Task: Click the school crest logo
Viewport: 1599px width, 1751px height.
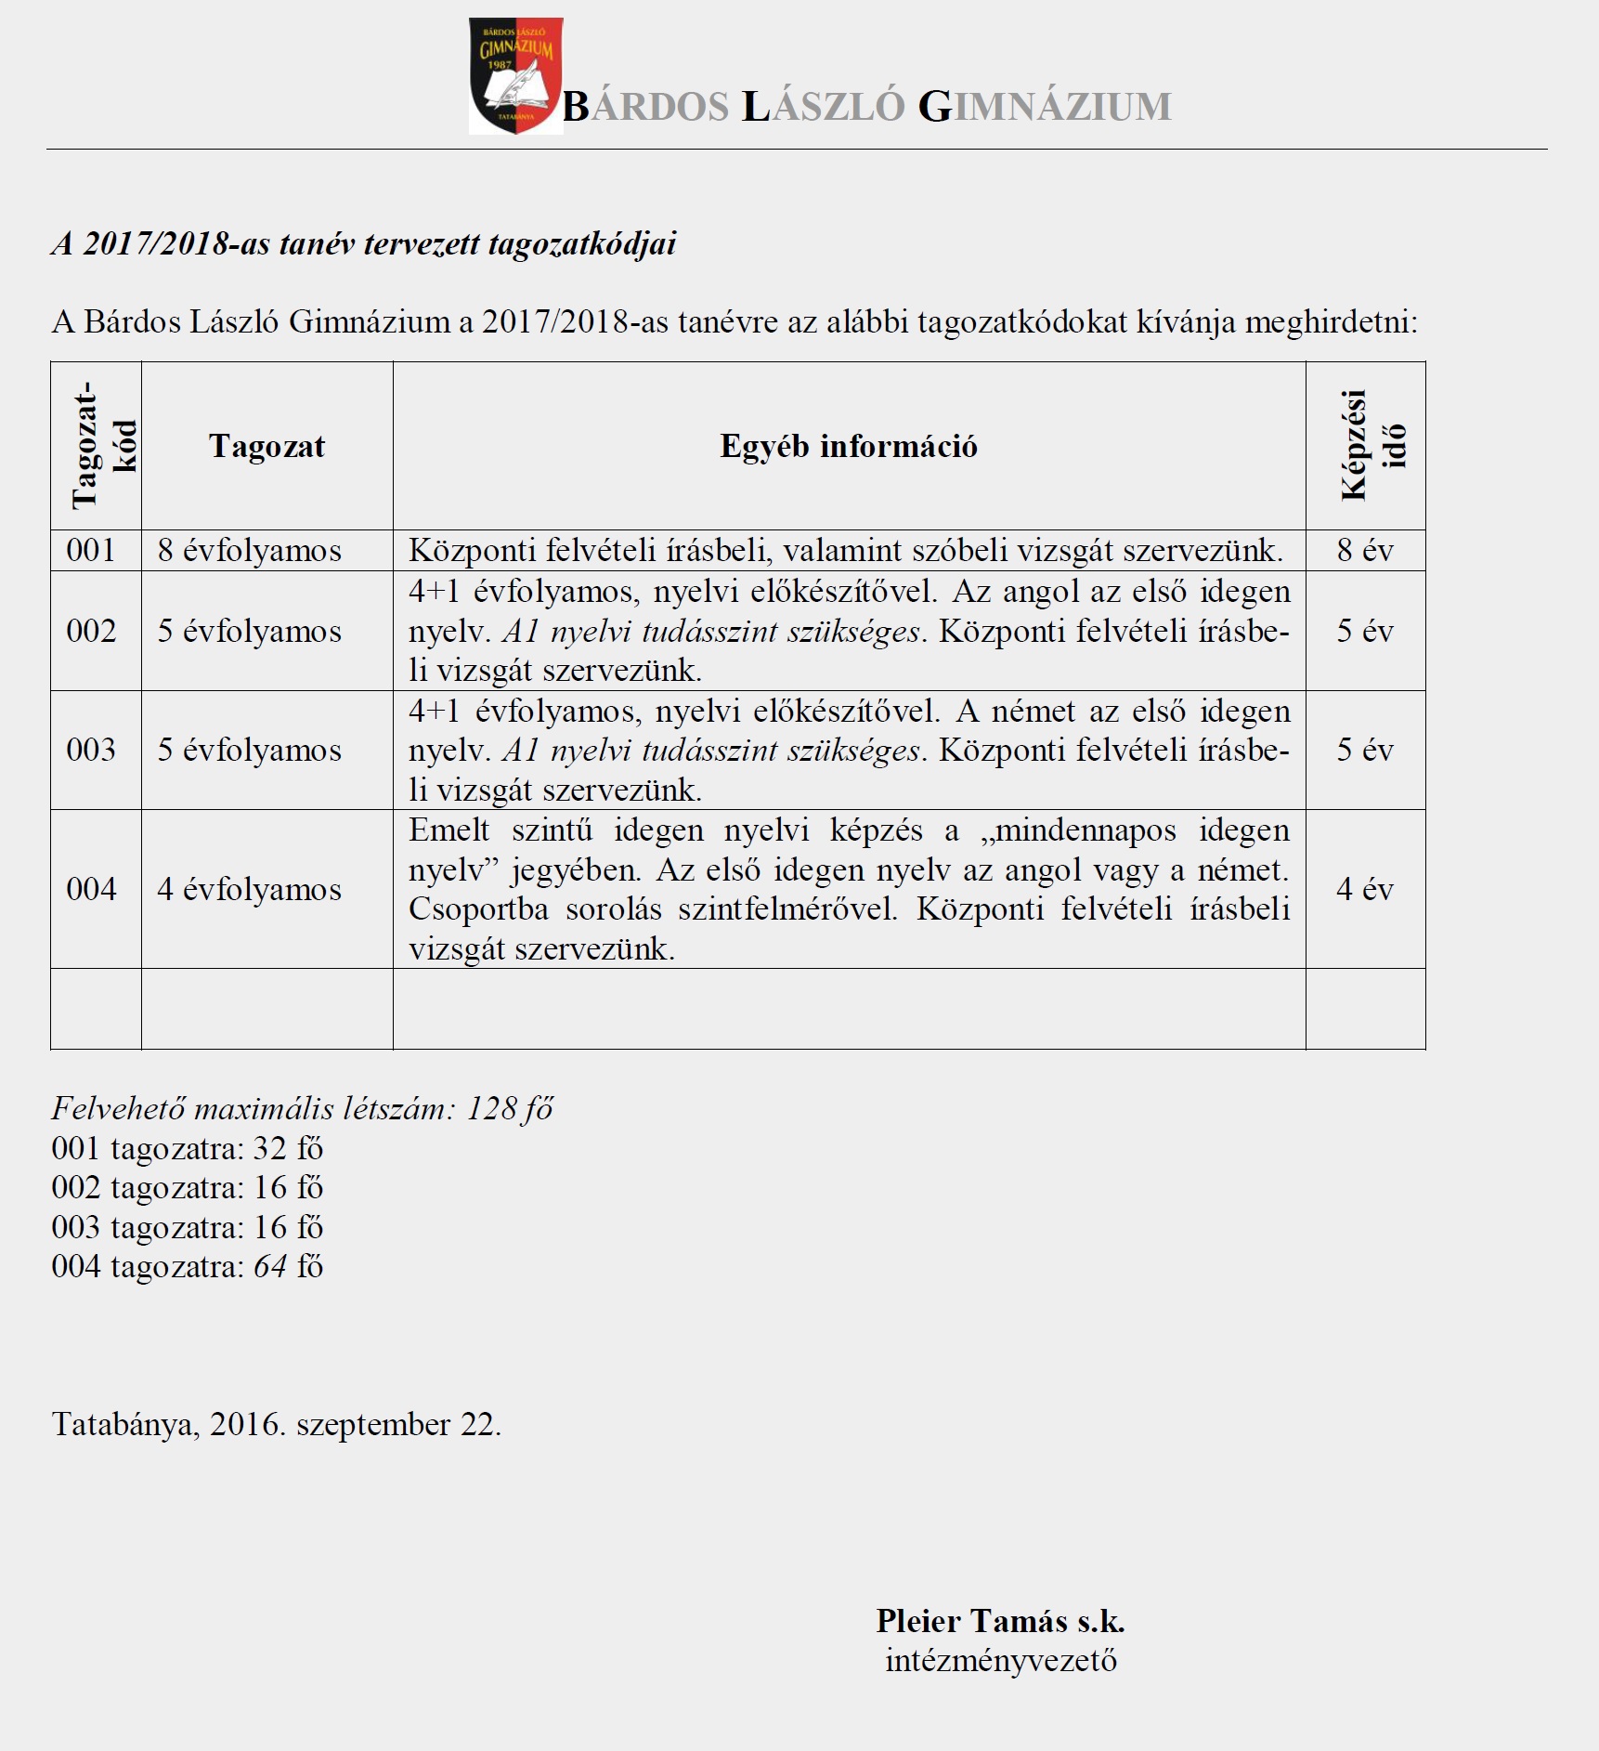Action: click(515, 76)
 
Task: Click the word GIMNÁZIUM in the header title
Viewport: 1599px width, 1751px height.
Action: click(1045, 107)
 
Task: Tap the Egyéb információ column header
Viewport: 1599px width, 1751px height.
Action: click(849, 446)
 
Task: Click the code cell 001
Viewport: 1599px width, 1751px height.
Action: click(91, 550)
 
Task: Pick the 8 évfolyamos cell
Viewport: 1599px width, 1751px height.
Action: click(250, 550)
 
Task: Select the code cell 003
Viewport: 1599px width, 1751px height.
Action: click(91, 750)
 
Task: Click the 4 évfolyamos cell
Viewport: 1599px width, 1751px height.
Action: click(250, 889)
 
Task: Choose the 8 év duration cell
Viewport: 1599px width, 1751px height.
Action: click(1365, 550)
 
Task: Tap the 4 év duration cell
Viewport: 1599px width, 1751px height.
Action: click(1365, 889)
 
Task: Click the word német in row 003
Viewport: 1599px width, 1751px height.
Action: click(1033, 712)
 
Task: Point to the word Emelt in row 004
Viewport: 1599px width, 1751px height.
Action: click(449, 830)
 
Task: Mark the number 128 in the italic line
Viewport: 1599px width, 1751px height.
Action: click(492, 1108)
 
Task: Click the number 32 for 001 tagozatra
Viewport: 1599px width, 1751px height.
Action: click(270, 1148)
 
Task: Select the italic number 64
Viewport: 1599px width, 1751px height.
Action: click(270, 1266)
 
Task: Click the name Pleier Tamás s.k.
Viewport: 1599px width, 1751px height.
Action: click(1000, 1621)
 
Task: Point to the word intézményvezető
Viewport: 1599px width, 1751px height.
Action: click(1001, 1661)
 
